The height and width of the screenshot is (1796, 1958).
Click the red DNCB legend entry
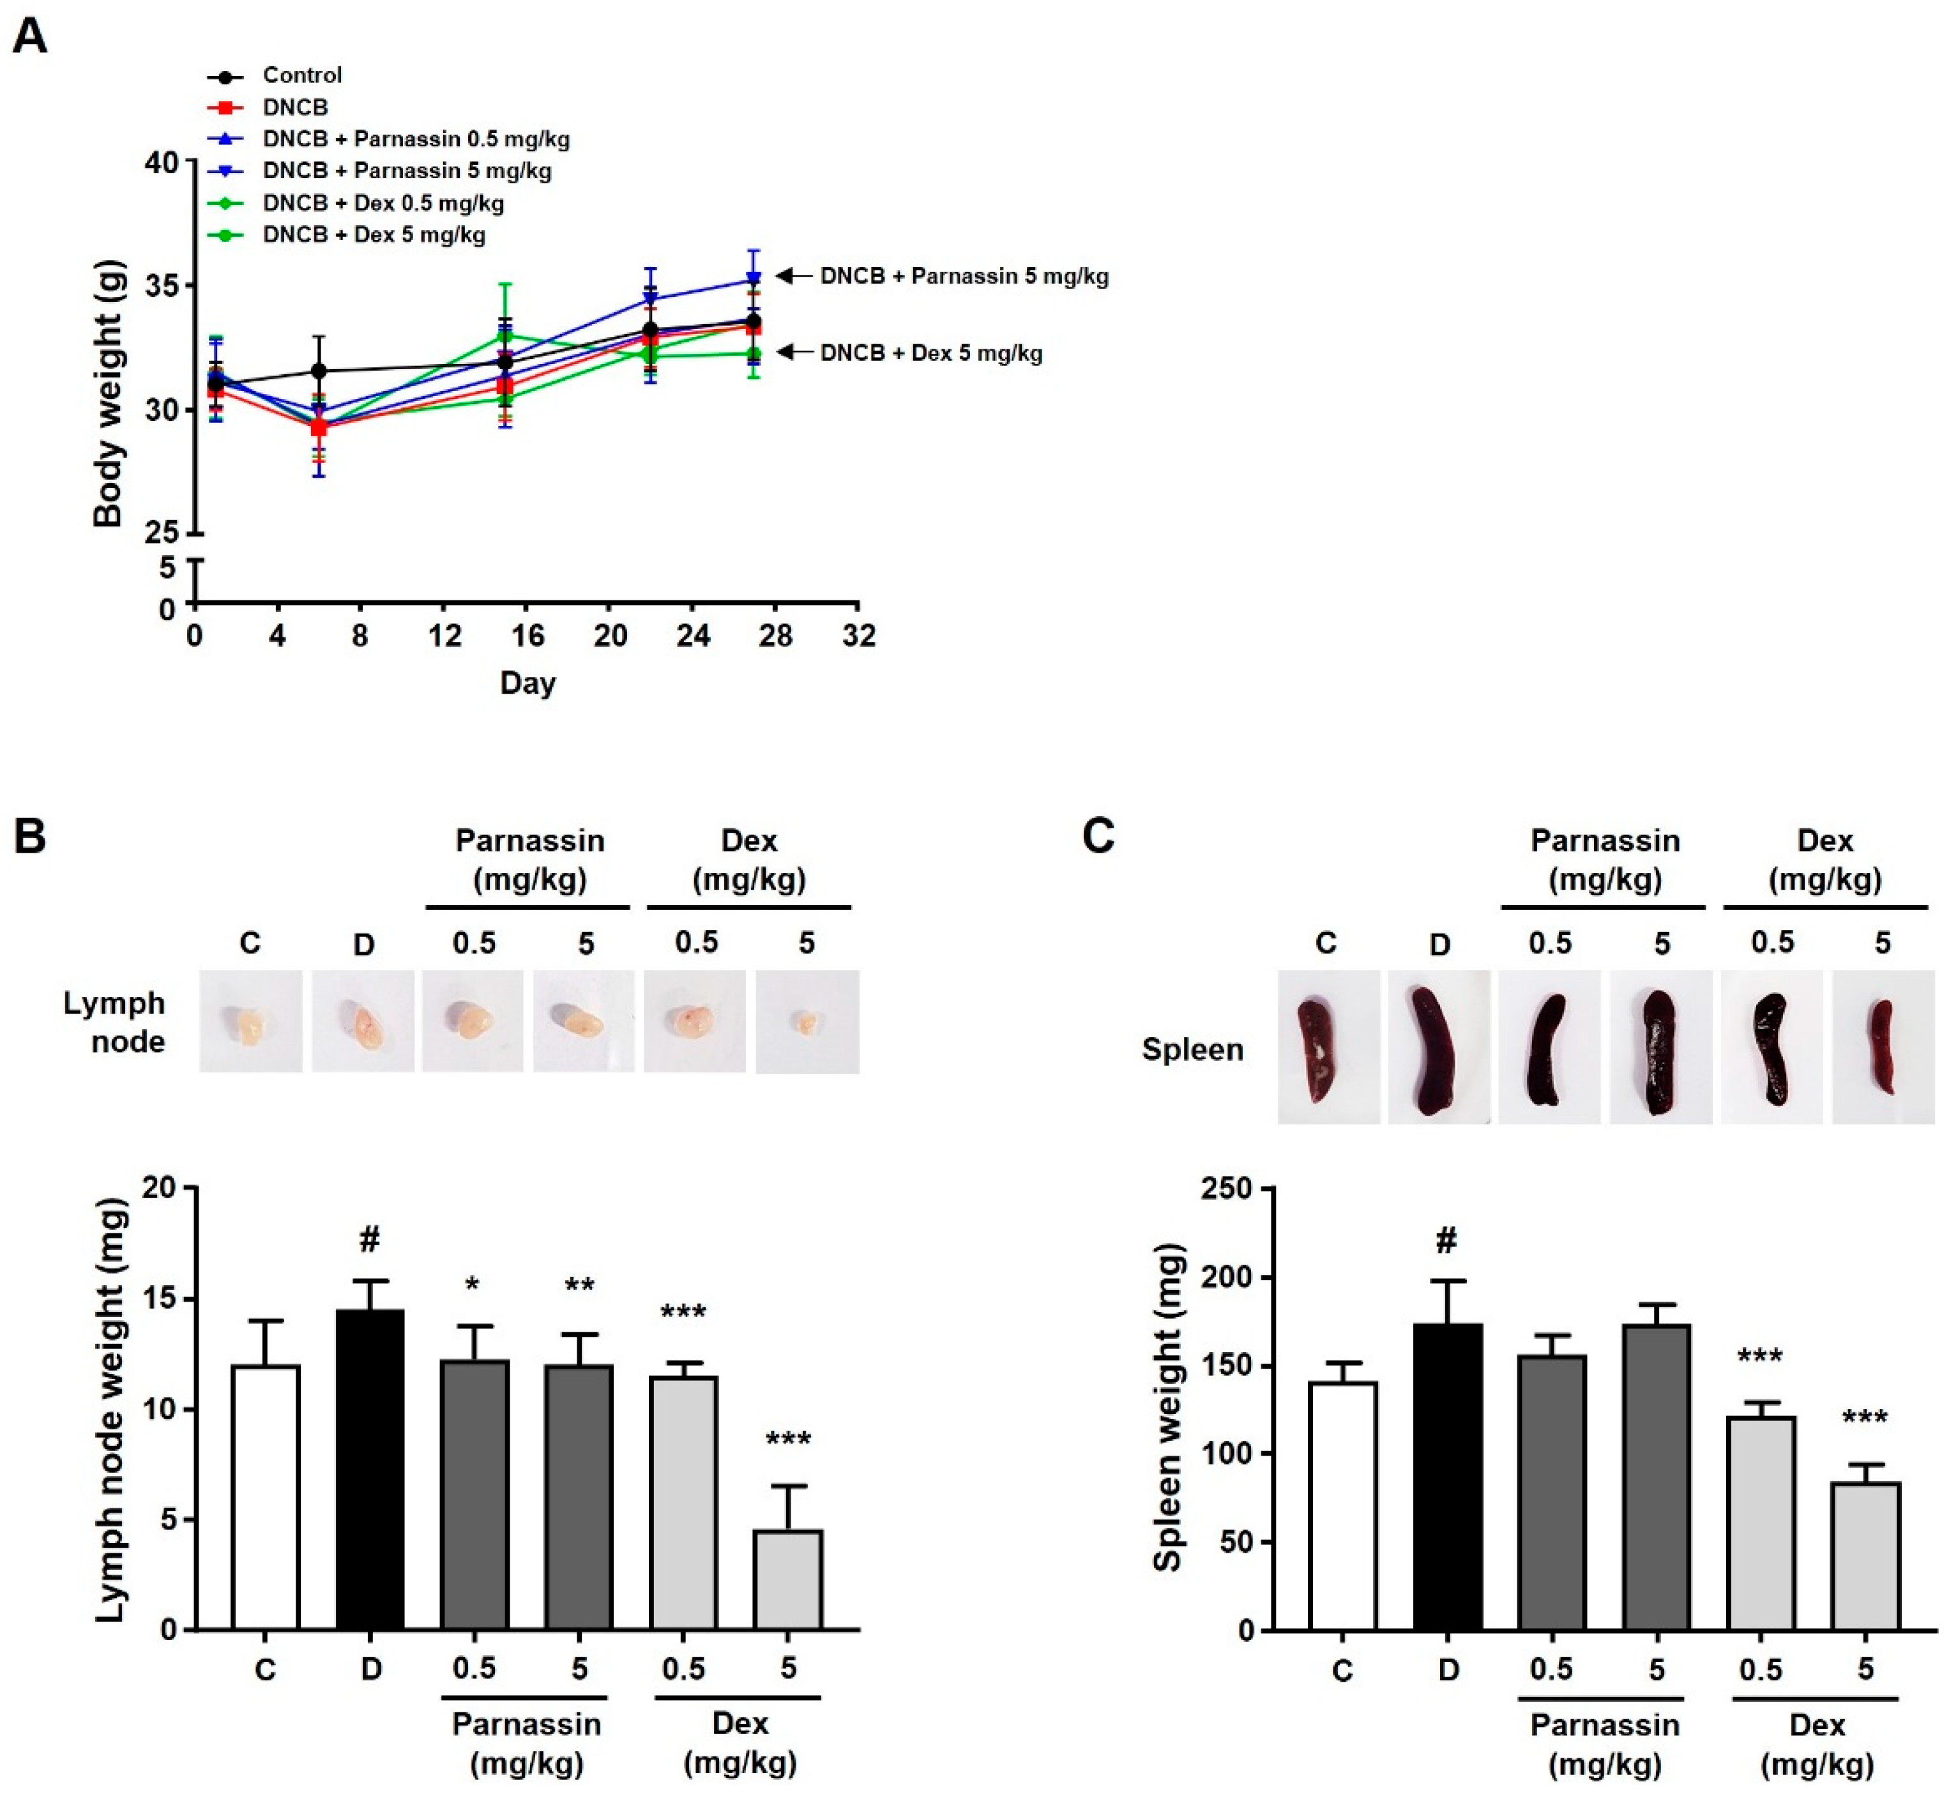coord(294,107)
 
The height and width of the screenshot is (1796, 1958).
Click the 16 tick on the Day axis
coord(527,637)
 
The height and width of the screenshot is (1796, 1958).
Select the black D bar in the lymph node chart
coord(370,1470)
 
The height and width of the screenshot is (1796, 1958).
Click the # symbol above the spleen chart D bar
coord(1447,1241)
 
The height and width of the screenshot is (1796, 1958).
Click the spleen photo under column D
coord(1438,1049)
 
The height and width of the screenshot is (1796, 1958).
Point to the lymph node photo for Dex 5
coord(807,1023)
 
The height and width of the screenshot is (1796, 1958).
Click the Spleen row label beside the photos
coord(1192,1049)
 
